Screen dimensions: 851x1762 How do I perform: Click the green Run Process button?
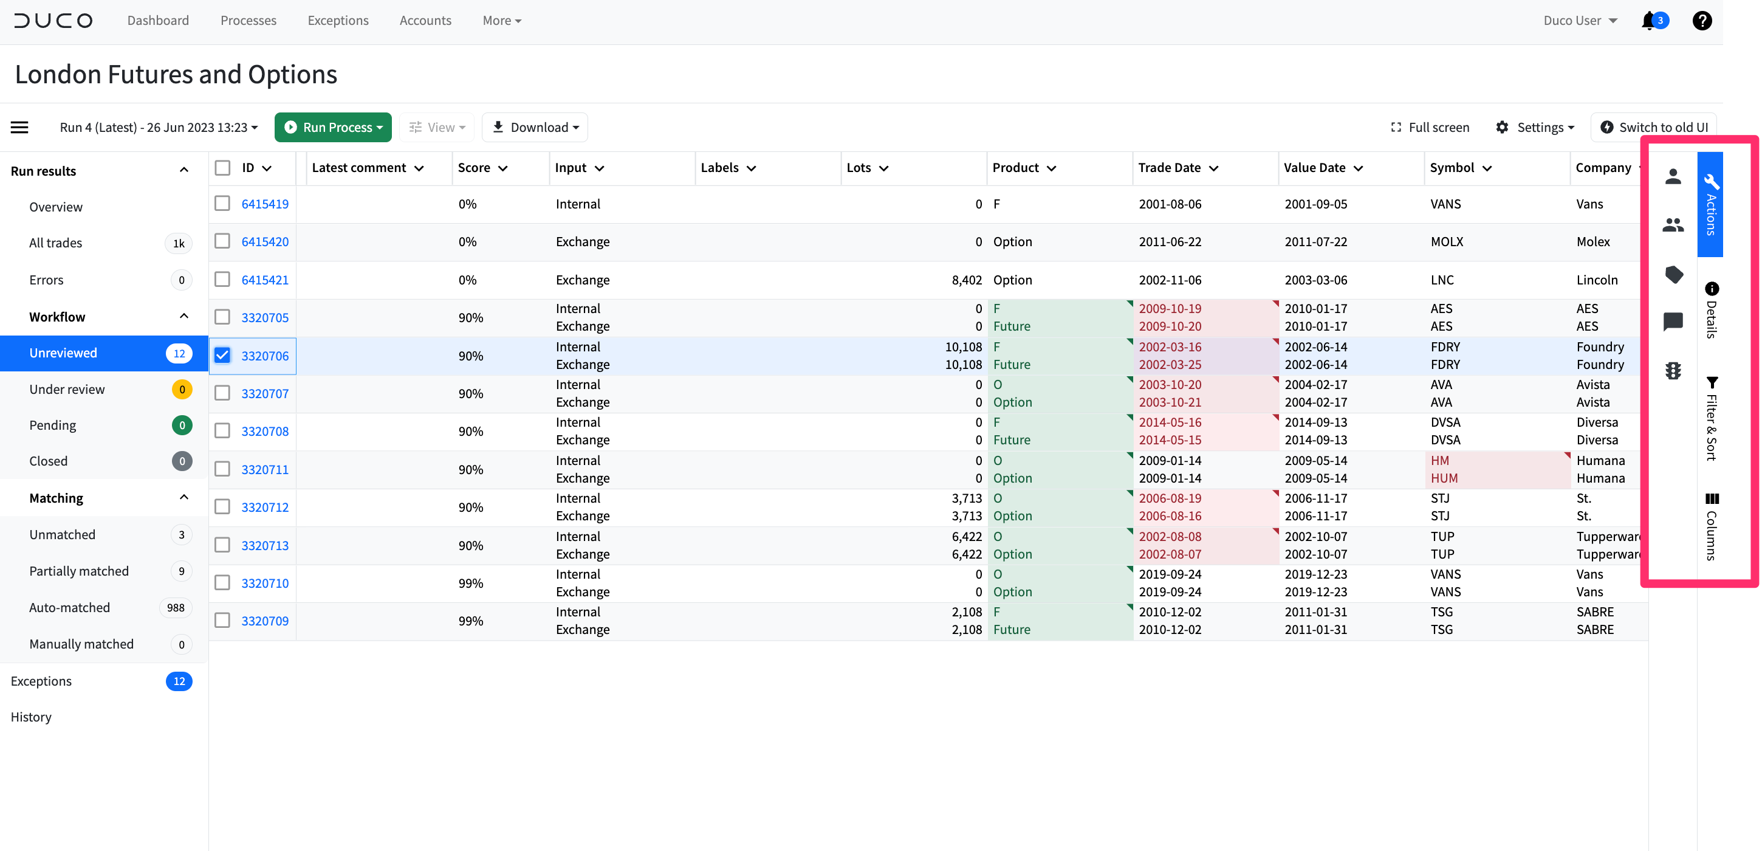(x=332, y=127)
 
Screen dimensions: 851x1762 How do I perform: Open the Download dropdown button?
(x=535, y=127)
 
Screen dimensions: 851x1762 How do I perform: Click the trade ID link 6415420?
(x=265, y=241)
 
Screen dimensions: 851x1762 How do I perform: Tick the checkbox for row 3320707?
(x=222, y=393)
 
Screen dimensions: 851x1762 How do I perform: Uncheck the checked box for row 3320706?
(x=222, y=355)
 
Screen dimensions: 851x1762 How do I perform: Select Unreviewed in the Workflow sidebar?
(x=63, y=353)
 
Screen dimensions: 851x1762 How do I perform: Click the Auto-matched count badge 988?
(x=176, y=607)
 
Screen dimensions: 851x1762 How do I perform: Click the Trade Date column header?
(x=1169, y=168)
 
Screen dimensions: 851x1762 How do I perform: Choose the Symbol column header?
(x=1452, y=168)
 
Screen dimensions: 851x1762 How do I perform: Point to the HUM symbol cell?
(x=1444, y=478)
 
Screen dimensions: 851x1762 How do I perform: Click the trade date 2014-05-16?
(x=1170, y=422)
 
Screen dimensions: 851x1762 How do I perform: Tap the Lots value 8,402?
(x=967, y=280)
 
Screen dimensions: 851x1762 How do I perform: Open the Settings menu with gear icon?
(x=1534, y=127)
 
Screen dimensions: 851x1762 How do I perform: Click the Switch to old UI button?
(x=1653, y=127)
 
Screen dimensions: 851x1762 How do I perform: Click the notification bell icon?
(x=1648, y=21)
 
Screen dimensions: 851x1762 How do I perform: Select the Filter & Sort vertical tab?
(x=1712, y=419)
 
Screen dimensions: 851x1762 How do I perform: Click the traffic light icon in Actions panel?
(x=1673, y=371)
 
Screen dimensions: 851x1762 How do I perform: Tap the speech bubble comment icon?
(x=1673, y=321)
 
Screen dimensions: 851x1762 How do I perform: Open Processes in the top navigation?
(x=249, y=21)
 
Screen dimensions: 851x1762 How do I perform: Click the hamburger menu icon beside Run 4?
(x=20, y=127)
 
